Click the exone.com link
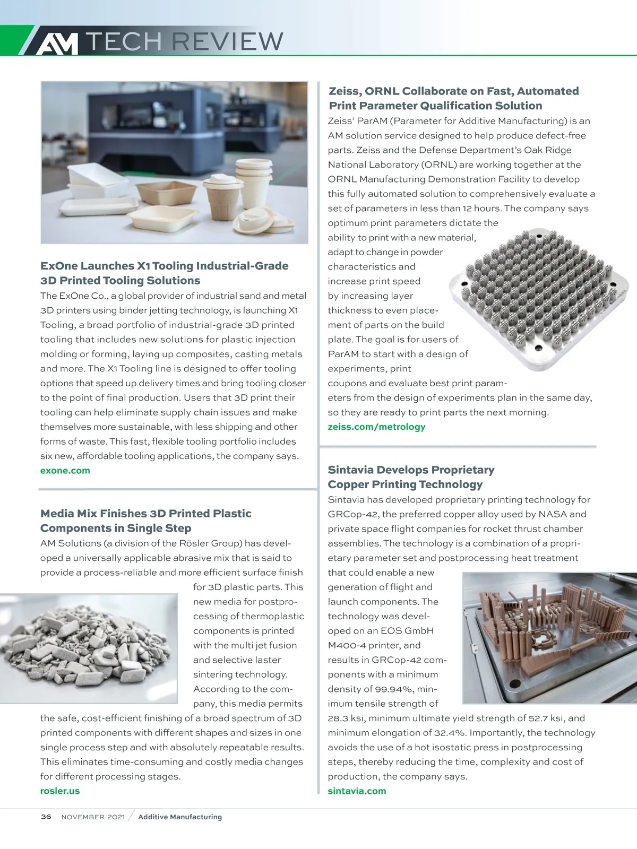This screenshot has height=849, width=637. coord(65,471)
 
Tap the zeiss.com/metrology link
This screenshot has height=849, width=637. coord(376,427)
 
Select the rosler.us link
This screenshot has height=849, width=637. coord(60,791)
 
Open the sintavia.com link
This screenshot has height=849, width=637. coord(357,791)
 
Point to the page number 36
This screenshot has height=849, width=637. coord(46,817)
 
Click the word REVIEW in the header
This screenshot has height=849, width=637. coord(228,41)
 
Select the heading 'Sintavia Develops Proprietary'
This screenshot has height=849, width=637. coord(411,470)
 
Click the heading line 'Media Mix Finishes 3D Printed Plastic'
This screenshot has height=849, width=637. coord(146,513)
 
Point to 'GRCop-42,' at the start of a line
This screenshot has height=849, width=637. coord(351,514)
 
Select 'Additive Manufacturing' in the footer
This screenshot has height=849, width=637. coord(180,817)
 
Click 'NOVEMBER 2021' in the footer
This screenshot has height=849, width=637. coord(93,817)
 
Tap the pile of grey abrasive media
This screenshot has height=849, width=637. coord(88,648)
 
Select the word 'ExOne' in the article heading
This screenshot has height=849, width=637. coord(61,266)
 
